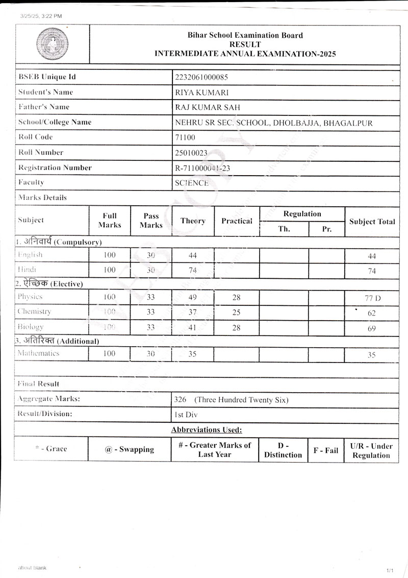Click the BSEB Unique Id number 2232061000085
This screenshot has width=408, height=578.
(201, 77)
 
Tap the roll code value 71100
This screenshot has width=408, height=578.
(185, 137)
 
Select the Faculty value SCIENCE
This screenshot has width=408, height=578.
(191, 183)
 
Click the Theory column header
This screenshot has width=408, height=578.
(193, 221)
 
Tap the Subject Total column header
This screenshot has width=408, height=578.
(372, 222)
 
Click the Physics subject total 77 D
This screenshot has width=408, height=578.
(371, 298)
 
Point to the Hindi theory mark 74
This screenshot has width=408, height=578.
(192, 270)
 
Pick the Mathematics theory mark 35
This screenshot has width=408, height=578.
(192, 353)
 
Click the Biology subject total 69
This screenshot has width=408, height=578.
(371, 328)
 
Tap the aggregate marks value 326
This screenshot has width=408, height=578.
(180, 400)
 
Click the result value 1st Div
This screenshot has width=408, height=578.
(185, 415)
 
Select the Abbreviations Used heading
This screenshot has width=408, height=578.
(207, 430)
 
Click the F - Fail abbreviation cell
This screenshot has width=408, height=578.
(325, 450)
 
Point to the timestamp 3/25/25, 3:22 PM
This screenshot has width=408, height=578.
(41, 16)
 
